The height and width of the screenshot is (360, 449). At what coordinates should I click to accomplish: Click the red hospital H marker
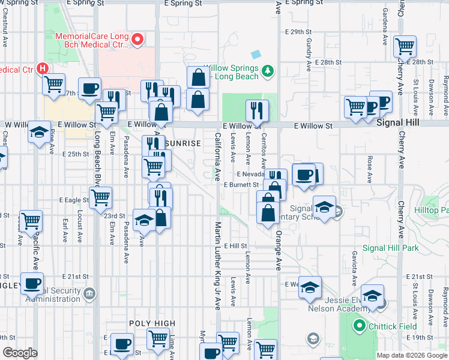click(43, 68)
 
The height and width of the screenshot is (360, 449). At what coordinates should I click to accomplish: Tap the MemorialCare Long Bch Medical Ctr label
click(92, 40)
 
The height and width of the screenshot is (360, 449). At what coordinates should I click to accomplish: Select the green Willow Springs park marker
click(268, 71)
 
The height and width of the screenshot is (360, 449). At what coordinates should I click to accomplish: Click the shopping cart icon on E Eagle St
click(101, 197)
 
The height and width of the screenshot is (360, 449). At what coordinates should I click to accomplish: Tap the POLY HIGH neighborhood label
click(153, 323)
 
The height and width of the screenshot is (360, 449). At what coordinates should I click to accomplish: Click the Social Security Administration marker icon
click(89, 293)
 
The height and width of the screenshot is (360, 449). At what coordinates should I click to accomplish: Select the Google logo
click(20, 353)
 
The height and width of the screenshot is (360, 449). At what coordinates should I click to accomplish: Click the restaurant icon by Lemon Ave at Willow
click(257, 110)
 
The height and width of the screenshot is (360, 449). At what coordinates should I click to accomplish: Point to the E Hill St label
click(235, 246)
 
